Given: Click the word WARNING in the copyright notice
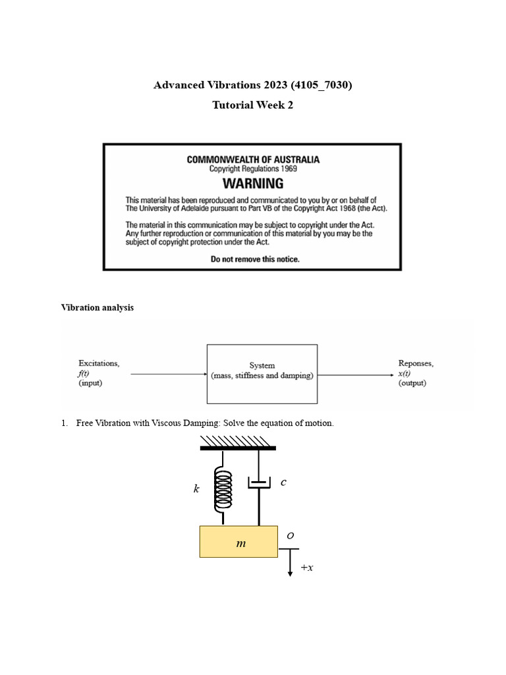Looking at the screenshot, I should (x=253, y=183).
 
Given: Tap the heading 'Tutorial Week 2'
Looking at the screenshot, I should (x=252, y=105).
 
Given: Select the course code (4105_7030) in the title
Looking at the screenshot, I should (x=317, y=85).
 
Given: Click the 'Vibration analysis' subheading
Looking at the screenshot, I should (x=98, y=307).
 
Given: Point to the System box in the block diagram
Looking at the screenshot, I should (x=262, y=373).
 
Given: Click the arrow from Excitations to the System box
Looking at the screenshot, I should (x=169, y=374).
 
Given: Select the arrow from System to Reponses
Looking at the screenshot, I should (x=356, y=374).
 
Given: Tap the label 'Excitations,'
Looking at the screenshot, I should (x=99, y=363).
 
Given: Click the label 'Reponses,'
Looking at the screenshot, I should (x=416, y=363).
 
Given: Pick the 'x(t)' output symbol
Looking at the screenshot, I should (x=407, y=373).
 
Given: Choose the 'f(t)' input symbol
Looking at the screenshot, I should (x=85, y=373).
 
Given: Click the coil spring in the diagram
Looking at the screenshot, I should (x=224, y=489).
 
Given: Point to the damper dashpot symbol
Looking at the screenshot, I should (x=259, y=483).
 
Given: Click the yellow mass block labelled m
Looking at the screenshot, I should (x=239, y=542).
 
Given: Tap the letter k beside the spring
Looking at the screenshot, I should (x=196, y=488).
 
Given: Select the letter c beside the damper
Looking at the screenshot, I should (x=283, y=482).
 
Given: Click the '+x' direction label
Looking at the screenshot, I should (x=306, y=567).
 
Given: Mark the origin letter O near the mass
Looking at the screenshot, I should (x=290, y=537).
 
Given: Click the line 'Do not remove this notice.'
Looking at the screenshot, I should (x=255, y=259).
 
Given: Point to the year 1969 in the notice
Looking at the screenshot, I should (x=287, y=169).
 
